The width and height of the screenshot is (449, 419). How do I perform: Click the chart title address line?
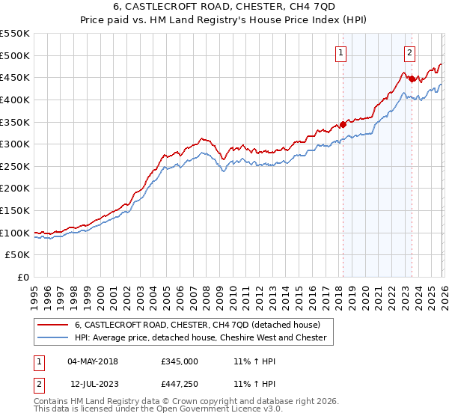(224, 7)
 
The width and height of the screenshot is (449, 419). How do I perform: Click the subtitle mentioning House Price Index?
(224, 20)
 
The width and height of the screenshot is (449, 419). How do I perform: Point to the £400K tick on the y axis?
(15, 100)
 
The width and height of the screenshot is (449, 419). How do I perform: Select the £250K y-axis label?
(15, 166)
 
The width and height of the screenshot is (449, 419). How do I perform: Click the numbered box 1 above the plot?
(341, 52)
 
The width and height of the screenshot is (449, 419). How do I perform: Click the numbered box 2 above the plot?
(411, 52)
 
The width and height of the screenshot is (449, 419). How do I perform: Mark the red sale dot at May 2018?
(343, 124)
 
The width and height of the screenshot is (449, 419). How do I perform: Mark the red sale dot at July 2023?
(412, 79)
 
